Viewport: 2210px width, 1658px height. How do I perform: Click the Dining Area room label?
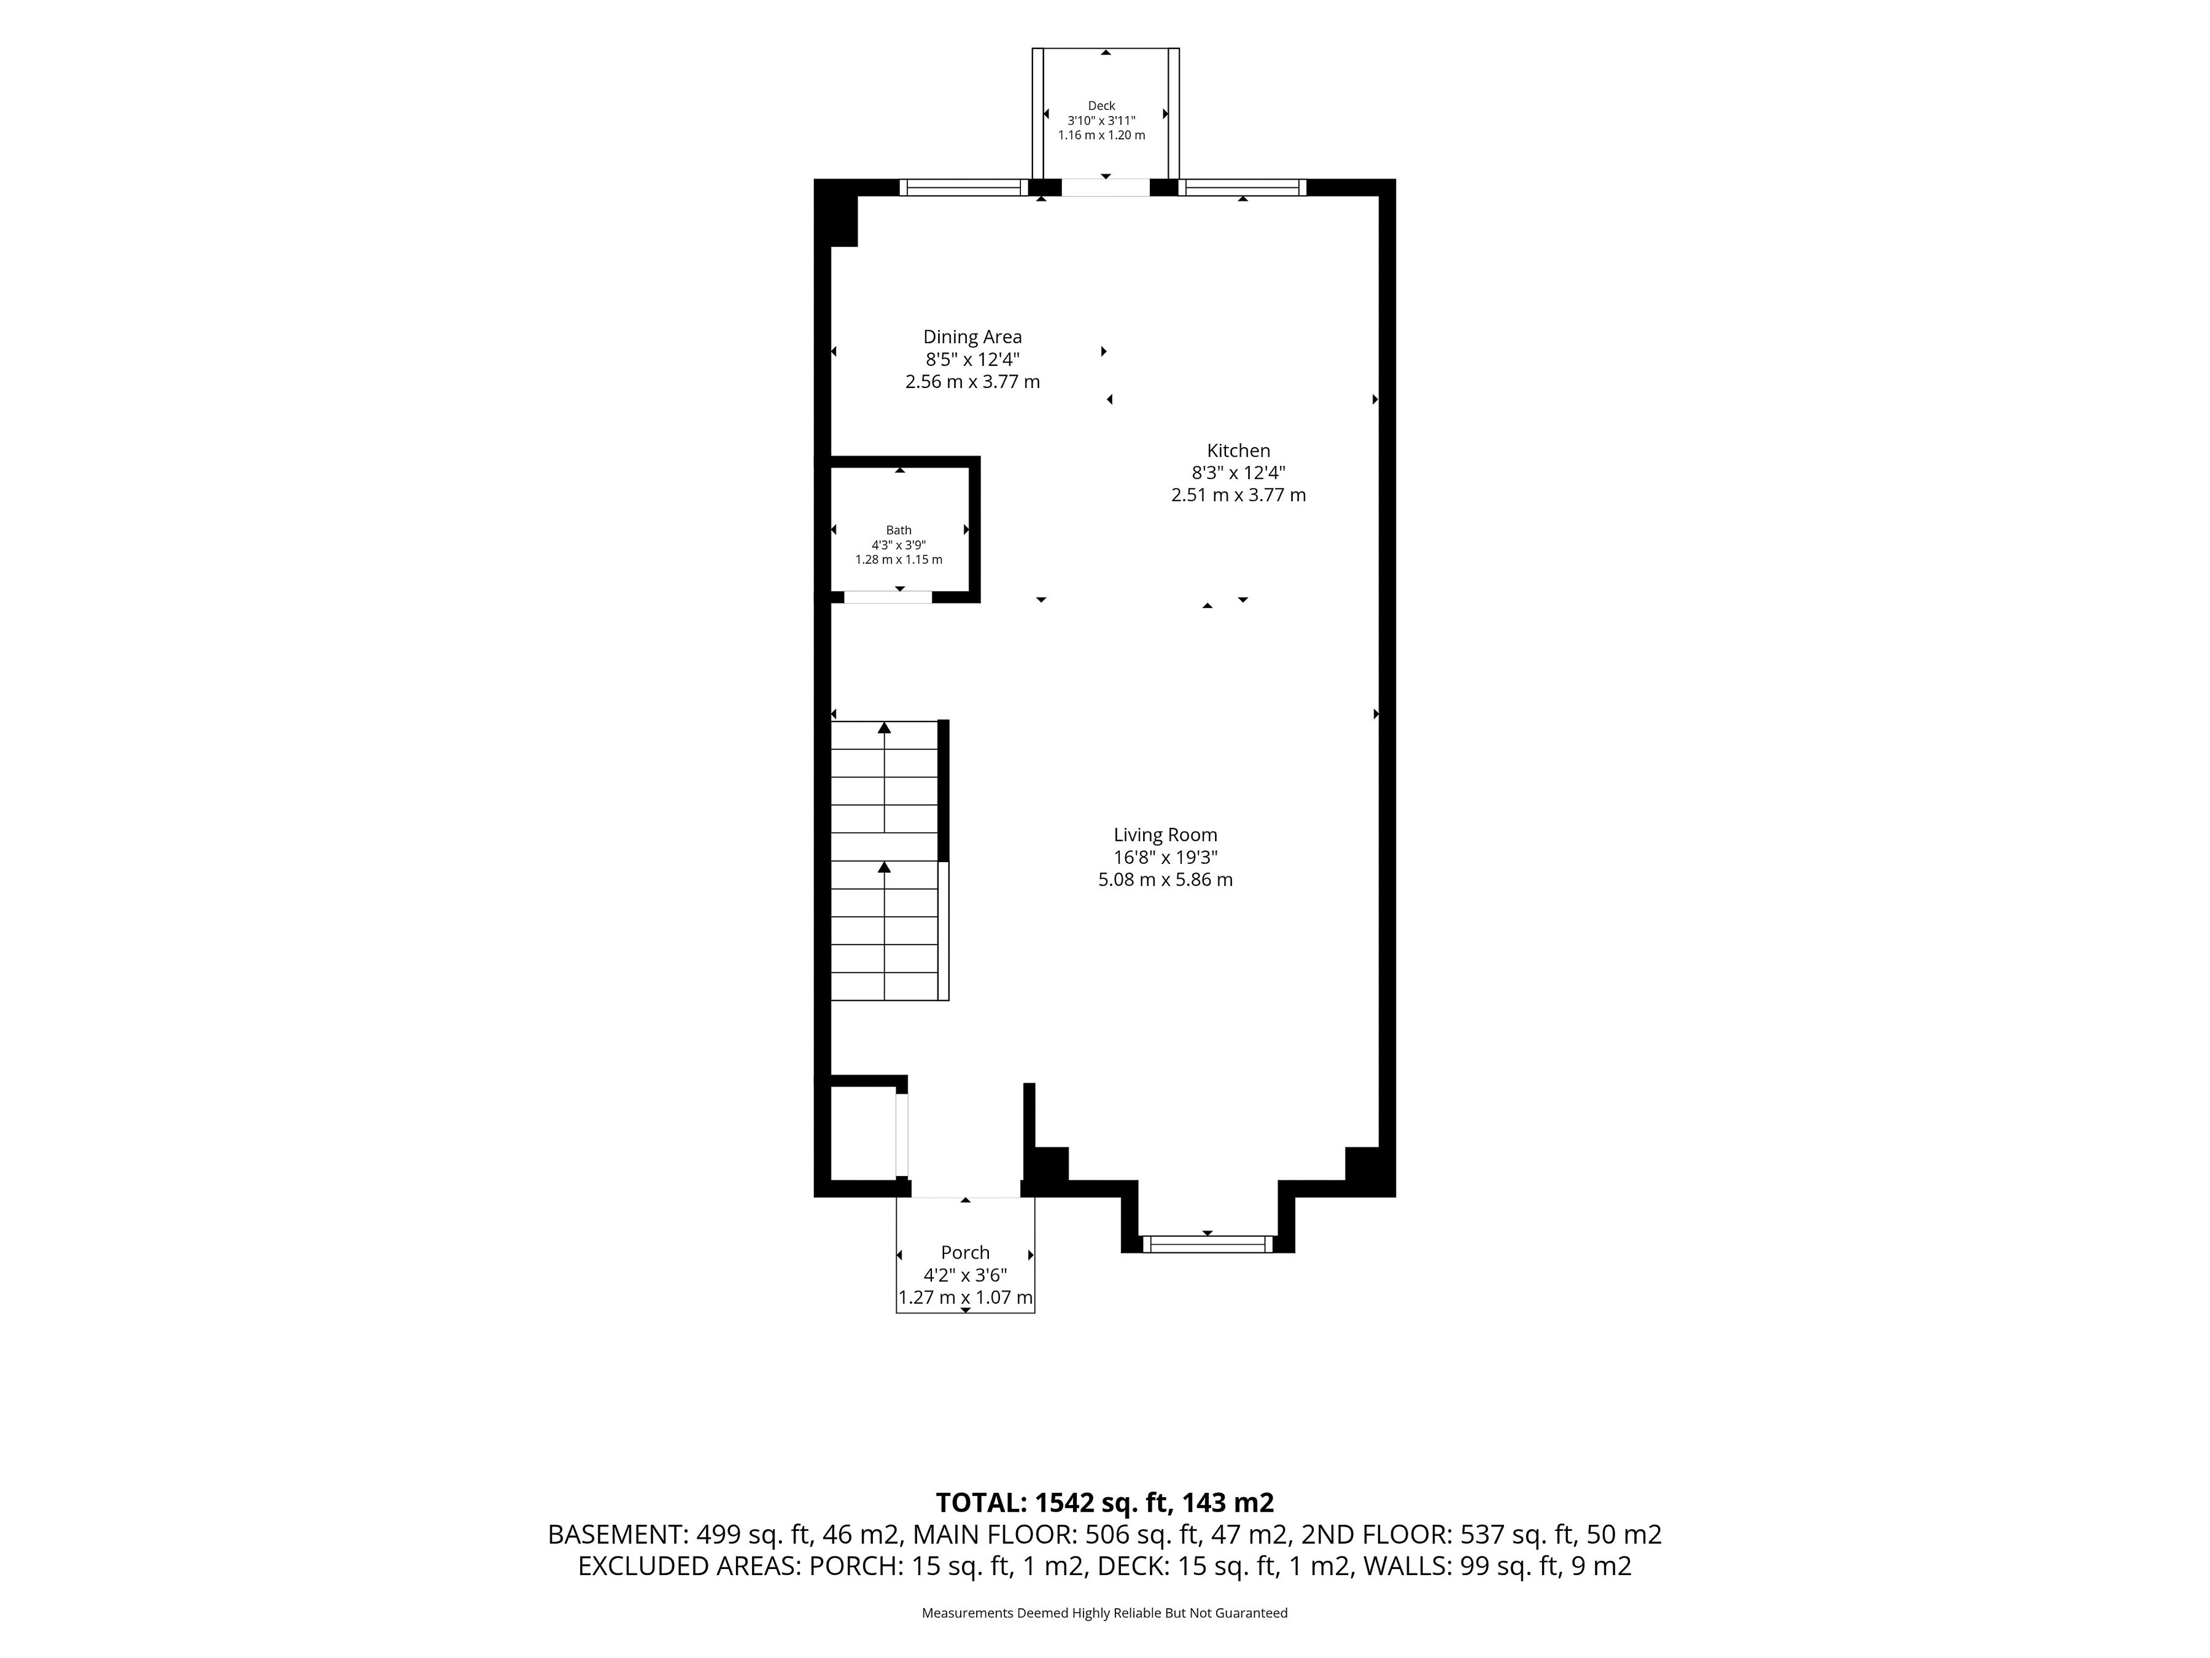(x=972, y=337)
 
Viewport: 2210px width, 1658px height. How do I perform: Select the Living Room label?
(x=1165, y=835)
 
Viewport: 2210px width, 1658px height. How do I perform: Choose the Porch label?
(x=965, y=1252)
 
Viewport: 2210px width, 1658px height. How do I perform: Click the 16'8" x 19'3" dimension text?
(x=1165, y=857)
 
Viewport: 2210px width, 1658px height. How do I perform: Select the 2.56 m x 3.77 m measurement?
(x=972, y=382)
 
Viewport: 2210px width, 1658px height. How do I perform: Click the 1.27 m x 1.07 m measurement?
(x=965, y=1297)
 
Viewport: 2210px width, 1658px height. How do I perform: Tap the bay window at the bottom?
(x=1208, y=1244)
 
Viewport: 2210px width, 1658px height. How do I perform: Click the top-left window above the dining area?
(x=963, y=187)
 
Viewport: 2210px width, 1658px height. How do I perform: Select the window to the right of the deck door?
(x=1243, y=187)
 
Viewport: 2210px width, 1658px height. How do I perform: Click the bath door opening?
(x=888, y=597)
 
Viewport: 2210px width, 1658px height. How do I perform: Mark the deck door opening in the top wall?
(x=1106, y=187)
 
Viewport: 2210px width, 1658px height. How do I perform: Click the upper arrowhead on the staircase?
(x=884, y=728)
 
